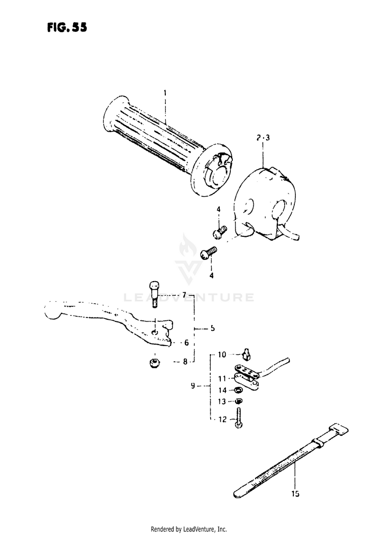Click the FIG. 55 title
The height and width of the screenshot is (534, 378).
click(x=66, y=28)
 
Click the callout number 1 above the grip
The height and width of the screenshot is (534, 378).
click(x=165, y=93)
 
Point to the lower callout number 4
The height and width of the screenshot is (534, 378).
click(x=211, y=276)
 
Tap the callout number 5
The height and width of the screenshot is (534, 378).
click(x=213, y=328)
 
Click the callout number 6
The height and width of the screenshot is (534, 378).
click(x=186, y=343)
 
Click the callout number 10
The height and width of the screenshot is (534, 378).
click(x=222, y=355)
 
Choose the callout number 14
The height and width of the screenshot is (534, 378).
click(x=222, y=390)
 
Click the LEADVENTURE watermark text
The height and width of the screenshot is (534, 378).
click(x=189, y=297)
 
